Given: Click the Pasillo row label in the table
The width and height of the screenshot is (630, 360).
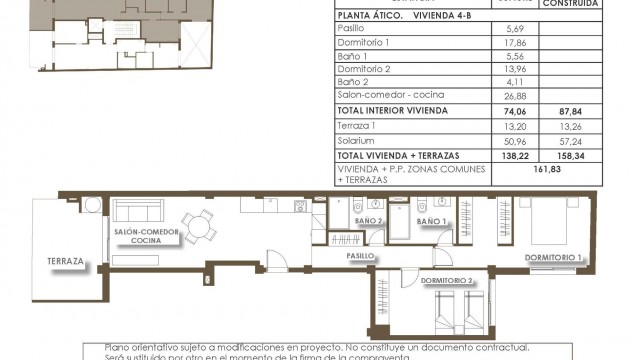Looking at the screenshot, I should point(352,28).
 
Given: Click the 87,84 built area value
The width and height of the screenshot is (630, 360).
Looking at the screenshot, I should point(571,111).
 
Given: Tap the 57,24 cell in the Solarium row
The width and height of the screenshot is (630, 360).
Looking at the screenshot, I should point(571,141).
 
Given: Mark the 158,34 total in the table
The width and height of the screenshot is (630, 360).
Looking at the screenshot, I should point(571,156).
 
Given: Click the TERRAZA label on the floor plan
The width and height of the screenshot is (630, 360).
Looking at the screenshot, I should point(65,261).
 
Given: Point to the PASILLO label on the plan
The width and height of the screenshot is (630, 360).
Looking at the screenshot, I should point(360,255).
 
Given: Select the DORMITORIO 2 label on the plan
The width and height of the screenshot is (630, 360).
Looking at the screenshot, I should point(448,281).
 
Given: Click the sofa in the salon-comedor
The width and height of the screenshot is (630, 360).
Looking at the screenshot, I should point(140,212).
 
